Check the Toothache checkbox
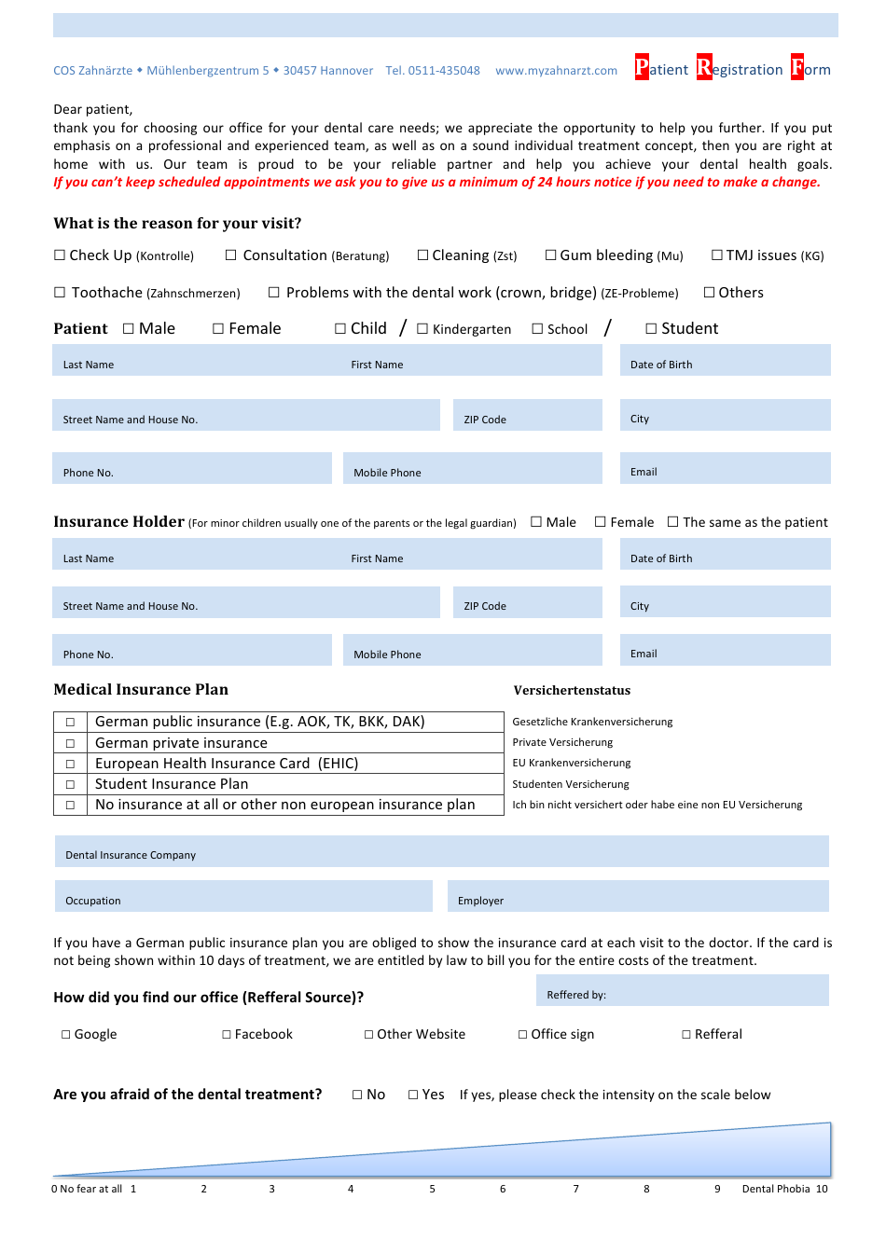(x=60, y=293)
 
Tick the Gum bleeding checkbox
(x=550, y=255)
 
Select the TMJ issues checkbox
(x=717, y=255)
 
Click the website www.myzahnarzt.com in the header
(x=556, y=71)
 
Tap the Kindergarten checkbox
(x=422, y=329)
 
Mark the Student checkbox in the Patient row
(x=651, y=329)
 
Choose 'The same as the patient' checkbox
(x=673, y=522)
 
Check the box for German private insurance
(x=70, y=743)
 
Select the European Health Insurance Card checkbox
(x=70, y=764)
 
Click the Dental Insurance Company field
(x=441, y=851)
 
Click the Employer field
(x=638, y=896)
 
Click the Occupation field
(x=243, y=896)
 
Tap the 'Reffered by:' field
(x=682, y=990)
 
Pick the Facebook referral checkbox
(x=227, y=1035)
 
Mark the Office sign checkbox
(x=523, y=1035)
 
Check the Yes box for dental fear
(x=413, y=1096)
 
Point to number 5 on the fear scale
(x=432, y=1189)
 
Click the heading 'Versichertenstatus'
(x=572, y=691)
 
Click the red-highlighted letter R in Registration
(x=704, y=68)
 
